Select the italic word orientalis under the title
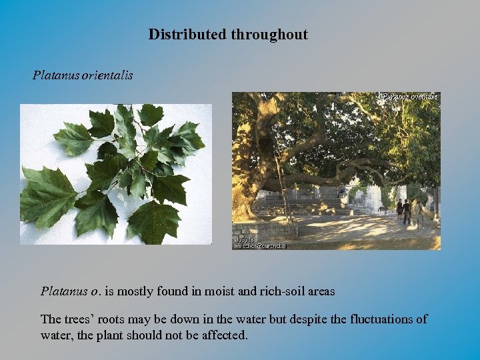108,75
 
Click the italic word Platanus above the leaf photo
56,75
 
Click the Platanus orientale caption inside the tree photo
410,97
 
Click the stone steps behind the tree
313,207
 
